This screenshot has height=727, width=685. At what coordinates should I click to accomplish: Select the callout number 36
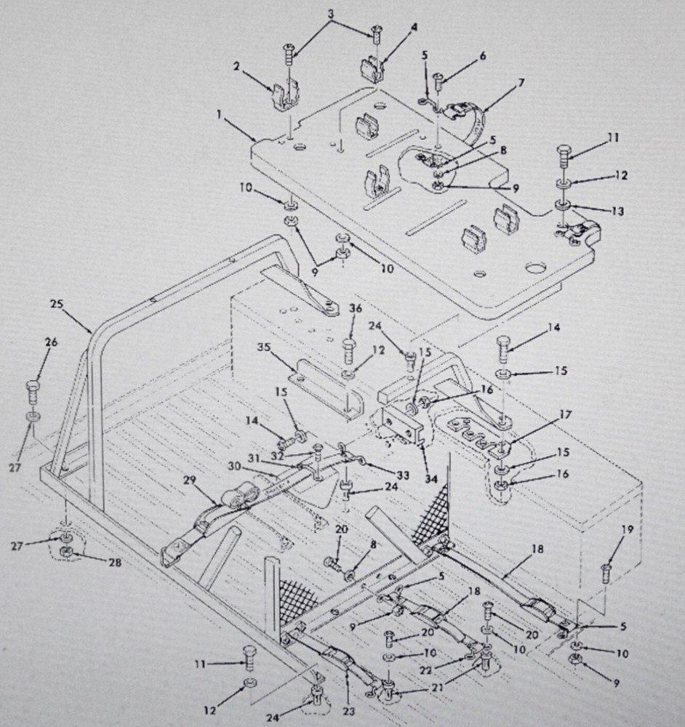pyautogui.click(x=354, y=308)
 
